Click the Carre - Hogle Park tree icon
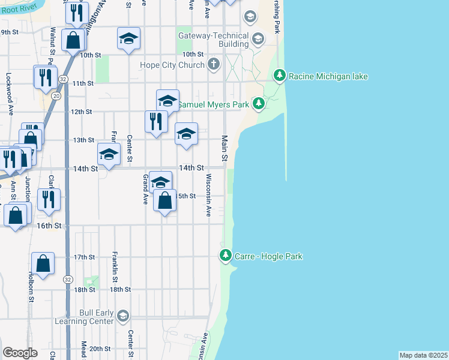click(226, 256)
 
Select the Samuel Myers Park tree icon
click(259, 104)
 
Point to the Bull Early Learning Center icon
click(123, 316)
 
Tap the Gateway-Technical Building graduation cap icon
click(258, 40)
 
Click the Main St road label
click(225, 148)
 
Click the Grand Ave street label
click(145, 189)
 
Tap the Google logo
click(20, 353)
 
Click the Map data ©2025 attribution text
click(423, 355)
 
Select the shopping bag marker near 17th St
click(43, 263)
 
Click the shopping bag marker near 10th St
click(73, 41)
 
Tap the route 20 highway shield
click(56, 95)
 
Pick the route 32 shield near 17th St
click(68, 279)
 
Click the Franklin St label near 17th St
click(114, 266)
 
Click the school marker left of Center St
click(109, 155)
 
